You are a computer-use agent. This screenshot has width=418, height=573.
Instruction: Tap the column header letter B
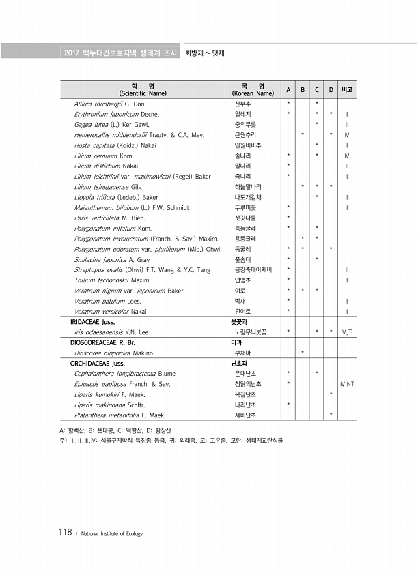[303, 90]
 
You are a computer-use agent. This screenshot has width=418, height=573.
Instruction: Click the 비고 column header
[347, 90]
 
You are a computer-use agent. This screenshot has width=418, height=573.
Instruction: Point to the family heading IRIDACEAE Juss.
[92, 321]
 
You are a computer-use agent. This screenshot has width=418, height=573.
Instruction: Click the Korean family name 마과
[236, 342]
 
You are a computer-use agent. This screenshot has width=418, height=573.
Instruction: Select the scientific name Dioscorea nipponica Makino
[113, 353]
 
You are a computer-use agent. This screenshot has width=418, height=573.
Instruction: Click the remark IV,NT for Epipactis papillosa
[347, 383]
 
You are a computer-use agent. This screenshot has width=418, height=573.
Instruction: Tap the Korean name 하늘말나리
[247, 186]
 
